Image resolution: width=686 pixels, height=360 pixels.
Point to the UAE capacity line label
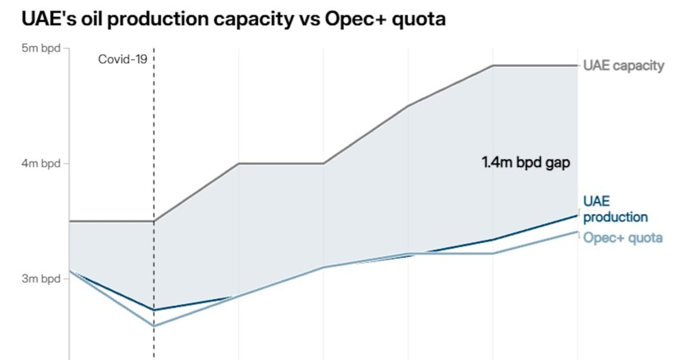coord(624,66)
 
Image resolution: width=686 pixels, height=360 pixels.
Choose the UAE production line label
coord(615,209)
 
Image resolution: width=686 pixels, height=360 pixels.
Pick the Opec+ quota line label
coord(623,238)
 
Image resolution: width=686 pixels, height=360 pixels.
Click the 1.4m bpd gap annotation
coord(526,162)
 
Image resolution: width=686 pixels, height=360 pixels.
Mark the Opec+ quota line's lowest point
coord(154,326)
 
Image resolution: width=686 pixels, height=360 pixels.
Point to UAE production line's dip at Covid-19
coord(154,310)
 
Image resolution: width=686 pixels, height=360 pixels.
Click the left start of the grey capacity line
coord(69,221)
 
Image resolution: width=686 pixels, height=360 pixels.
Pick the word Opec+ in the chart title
coord(350,19)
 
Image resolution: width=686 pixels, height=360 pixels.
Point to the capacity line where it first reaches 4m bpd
coord(238,163)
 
